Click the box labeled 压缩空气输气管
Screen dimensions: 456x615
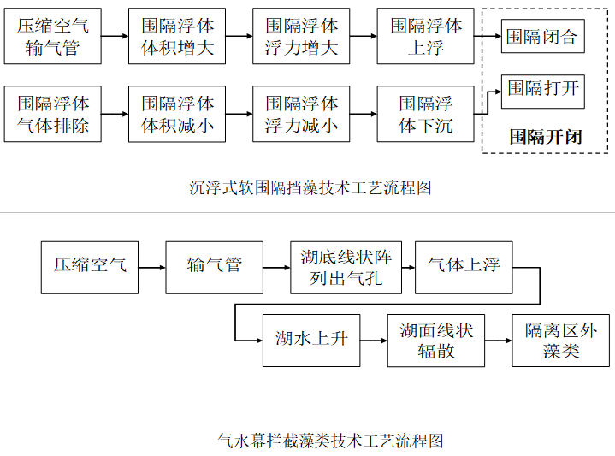tap(53, 37)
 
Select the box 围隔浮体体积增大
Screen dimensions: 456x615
tap(177, 37)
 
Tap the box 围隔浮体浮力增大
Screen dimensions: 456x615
tap(301, 37)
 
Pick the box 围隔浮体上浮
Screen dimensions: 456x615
tap(425, 37)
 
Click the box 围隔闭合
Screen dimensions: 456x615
tap(542, 37)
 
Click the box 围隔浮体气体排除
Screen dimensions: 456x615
tap(53, 115)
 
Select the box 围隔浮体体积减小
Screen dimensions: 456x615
tap(177, 115)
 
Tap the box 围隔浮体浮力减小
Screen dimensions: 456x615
tap(301, 115)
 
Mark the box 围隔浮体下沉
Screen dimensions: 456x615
tap(425, 115)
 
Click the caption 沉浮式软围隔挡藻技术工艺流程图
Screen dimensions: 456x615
tap(309, 187)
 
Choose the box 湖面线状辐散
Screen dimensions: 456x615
tap(436, 340)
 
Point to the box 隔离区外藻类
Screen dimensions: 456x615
tap(561, 340)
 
